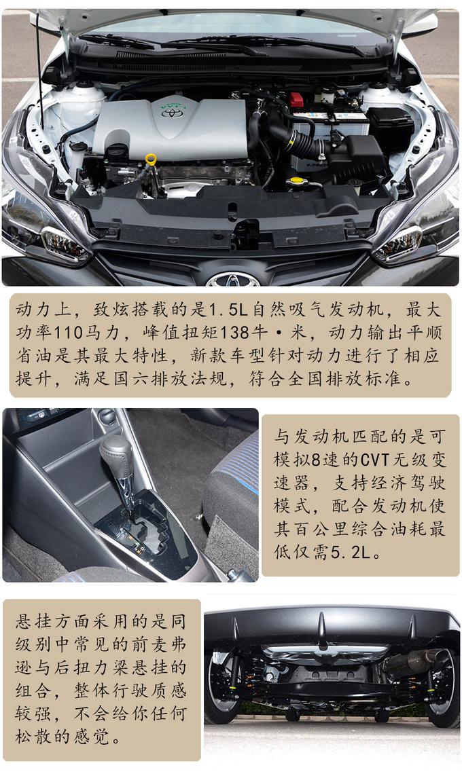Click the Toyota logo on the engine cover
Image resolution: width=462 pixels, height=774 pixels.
(168, 112)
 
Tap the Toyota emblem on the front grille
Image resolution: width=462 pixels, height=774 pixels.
(232, 280)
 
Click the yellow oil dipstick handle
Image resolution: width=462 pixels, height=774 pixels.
(151, 160)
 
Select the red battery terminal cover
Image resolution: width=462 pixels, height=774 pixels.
(296, 100)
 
